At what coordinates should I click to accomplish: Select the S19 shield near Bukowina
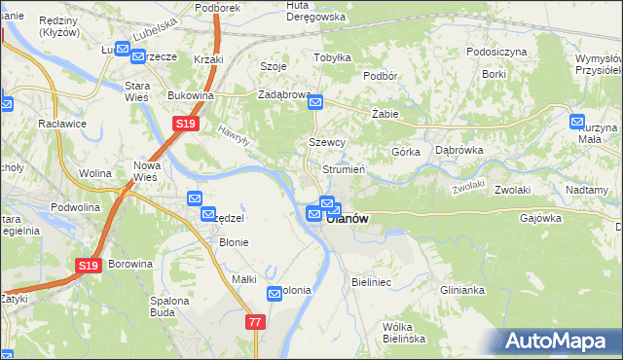coord(187,125)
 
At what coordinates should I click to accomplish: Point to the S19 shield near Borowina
coord(89,265)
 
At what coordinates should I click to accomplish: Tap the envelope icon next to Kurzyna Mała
coord(577,123)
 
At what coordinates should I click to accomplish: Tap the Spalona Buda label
coord(168,307)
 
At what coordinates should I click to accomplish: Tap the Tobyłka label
coord(332,57)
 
